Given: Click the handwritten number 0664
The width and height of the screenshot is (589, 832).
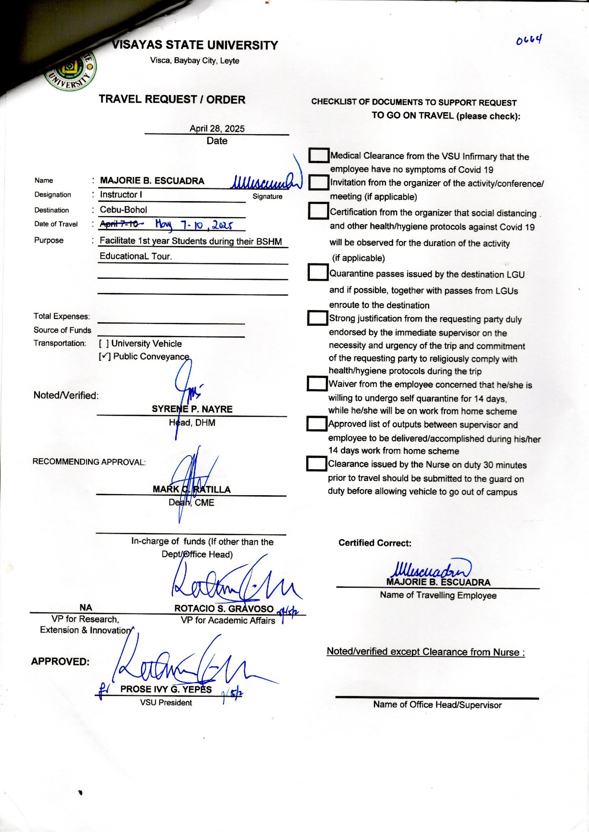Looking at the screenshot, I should (529, 40).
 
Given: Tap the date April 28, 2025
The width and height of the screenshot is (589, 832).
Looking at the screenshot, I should (217, 128).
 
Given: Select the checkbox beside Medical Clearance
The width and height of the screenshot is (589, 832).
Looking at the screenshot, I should (319, 155).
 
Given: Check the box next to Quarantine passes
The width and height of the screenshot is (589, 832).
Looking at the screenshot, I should (318, 272).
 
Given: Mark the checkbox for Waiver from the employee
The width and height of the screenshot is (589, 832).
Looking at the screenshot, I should (317, 383).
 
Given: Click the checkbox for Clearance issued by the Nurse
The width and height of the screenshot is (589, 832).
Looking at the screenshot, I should (317, 464).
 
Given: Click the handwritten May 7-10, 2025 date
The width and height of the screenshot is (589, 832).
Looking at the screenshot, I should (194, 224).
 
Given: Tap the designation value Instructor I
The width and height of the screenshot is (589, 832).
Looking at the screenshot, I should (121, 195).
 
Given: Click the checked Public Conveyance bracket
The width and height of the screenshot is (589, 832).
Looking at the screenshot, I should (104, 357).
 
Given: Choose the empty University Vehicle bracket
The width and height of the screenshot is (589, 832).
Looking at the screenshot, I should (104, 344).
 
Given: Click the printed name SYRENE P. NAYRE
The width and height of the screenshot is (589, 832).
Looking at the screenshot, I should (192, 409).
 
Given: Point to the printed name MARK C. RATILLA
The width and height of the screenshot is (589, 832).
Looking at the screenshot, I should (191, 489).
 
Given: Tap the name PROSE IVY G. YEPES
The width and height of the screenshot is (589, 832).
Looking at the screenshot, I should (166, 689).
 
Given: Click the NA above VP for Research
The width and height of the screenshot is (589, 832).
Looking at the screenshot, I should (86, 607).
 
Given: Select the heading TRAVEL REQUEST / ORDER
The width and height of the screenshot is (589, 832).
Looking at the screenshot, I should (172, 100).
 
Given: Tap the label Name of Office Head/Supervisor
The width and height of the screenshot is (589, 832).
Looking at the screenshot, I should (437, 705).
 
